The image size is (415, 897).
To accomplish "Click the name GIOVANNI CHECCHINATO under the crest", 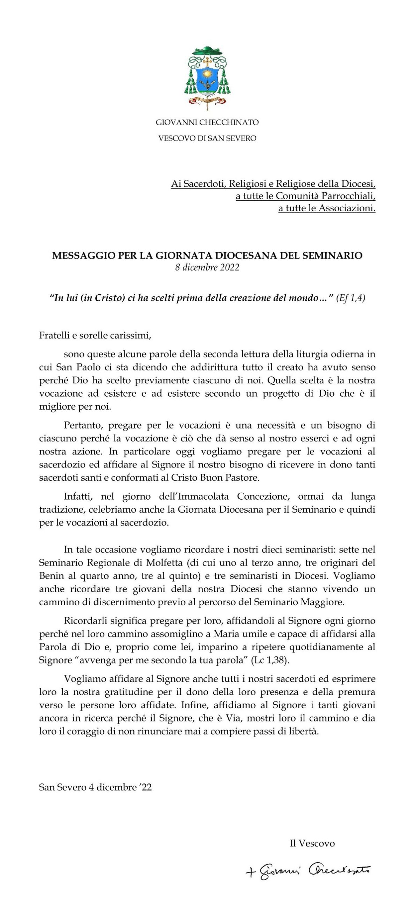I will point(207,123).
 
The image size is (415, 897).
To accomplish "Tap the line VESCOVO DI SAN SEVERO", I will point(207,138).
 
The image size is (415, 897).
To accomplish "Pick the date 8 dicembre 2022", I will point(207,267).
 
